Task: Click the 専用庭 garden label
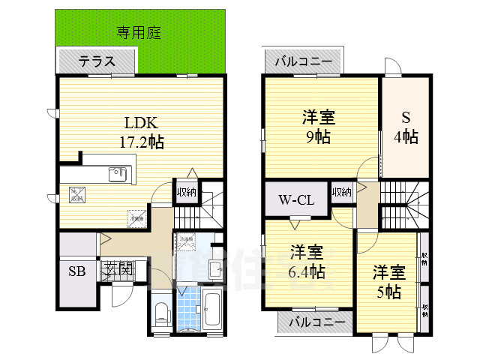pos(139,31)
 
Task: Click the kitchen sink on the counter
pos(118,175)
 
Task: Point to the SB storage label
pos(76,271)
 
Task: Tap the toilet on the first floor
pos(161,313)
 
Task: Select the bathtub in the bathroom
pos(211,307)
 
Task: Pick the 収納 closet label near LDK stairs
pos(187,192)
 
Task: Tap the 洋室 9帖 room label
pos(318,126)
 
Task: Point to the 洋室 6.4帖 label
pos(307,261)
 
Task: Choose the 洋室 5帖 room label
pos(388,281)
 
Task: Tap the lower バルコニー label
pos(313,322)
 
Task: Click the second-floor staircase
pos(403,206)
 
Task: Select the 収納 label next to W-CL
pos(341,192)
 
